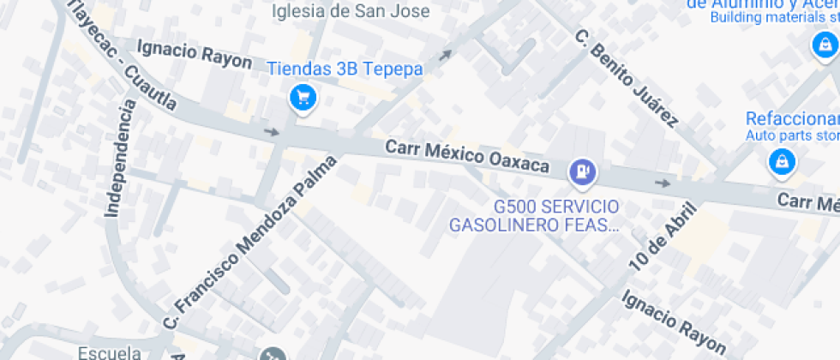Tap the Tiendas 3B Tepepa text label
pos(345,69)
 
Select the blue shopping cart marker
pos(302,98)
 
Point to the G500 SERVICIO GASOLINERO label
pos(532,216)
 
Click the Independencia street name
pos(119,159)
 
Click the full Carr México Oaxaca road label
pos(466,157)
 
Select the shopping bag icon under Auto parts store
pos(781,160)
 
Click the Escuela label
pos(109,352)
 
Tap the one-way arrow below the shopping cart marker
pos(272,132)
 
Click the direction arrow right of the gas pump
pos(662,183)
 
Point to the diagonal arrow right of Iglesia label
pos(445,56)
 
